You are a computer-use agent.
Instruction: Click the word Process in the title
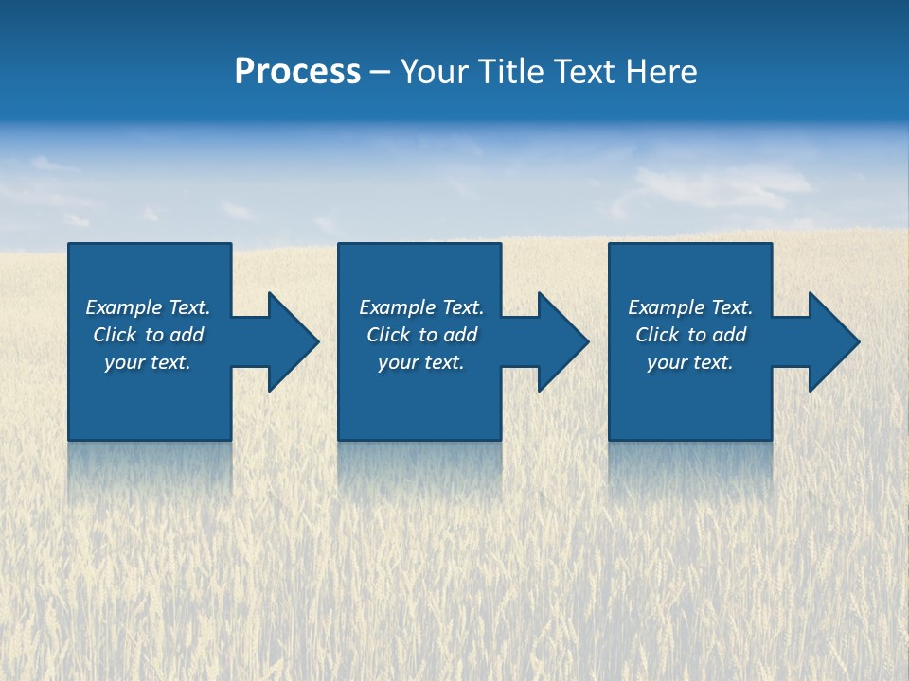[x=297, y=72]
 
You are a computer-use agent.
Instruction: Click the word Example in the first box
[x=123, y=307]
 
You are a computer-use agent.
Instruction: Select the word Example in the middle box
[x=397, y=307]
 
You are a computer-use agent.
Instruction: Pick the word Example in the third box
[x=666, y=307]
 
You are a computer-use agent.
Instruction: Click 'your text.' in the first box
[x=148, y=362]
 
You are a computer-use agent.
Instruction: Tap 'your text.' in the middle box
[x=420, y=362]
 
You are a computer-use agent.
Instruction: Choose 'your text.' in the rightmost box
[x=689, y=362]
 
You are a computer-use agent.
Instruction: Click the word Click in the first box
[x=115, y=335]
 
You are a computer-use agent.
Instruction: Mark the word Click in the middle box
[x=388, y=335]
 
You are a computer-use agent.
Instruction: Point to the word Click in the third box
[x=657, y=335]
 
